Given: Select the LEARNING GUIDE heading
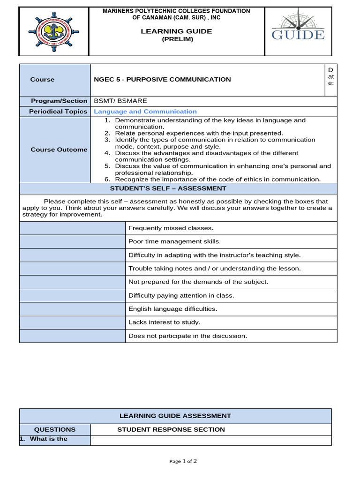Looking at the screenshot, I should coord(177,31).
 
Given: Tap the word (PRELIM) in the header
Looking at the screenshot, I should coord(177,39).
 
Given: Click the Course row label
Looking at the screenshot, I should coord(42,80).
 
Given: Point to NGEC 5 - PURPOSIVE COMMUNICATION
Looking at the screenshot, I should coord(162,80).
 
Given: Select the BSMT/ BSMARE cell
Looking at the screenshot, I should coord(120,101).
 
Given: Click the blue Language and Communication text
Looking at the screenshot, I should coord(145,112).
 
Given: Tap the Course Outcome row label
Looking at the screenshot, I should coord(59,150).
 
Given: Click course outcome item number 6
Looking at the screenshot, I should coord(213,179).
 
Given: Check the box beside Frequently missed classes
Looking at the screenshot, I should coord(72,228).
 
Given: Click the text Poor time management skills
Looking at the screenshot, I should coord(174,242).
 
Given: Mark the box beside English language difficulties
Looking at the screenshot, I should coord(72,309).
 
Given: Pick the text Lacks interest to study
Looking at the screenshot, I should coord(164,322).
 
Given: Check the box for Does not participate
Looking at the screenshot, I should coord(72,336).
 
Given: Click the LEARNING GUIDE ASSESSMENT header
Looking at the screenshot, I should coord(175,416).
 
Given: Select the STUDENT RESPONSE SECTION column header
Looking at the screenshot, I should coord(171,429).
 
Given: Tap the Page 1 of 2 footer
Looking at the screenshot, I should coord(183,461).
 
